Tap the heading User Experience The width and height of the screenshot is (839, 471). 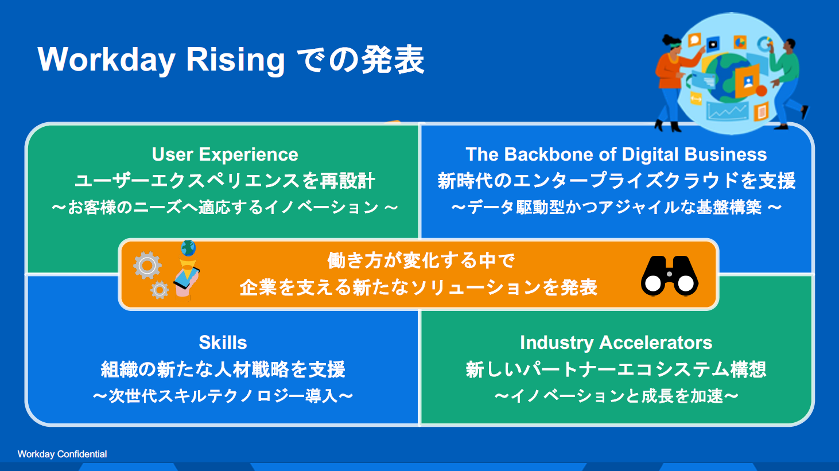[x=225, y=154]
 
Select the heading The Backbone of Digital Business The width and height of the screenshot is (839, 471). [x=616, y=154]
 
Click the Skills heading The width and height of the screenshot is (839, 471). [x=223, y=342]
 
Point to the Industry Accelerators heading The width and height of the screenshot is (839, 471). [x=616, y=342]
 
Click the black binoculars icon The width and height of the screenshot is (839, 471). [x=669, y=276]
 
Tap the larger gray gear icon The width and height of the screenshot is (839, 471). [x=147, y=265]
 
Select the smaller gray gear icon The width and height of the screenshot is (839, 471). [x=159, y=290]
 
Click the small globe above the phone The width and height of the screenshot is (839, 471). [x=188, y=248]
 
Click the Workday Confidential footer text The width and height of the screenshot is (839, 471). [x=62, y=454]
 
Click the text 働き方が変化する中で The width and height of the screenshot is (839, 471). [x=421, y=260]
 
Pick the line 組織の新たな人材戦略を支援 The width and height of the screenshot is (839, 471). [x=223, y=369]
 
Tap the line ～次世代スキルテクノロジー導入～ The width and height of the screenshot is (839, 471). [x=223, y=396]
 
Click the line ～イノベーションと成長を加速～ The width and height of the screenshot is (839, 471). [x=616, y=396]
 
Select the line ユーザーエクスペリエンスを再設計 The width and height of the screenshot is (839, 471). [x=225, y=181]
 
